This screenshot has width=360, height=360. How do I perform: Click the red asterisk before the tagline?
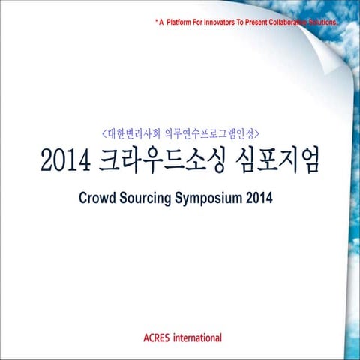pyautogui.click(x=156, y=22)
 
